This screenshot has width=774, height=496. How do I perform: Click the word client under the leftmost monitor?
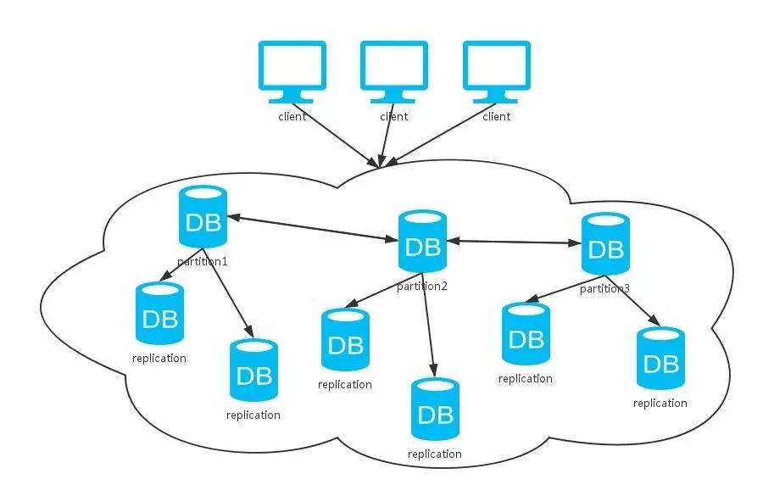coord(292,116)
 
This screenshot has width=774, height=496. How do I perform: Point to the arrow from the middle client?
coord(388,141)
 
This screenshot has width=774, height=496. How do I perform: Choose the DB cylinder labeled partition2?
coord(421,241)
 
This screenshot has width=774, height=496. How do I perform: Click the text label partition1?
coord(203,261)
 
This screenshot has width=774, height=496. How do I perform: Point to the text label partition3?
coord(604,289)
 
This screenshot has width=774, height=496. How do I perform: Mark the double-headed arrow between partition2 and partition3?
coord(514,242)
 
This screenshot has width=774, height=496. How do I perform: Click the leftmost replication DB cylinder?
coord(159,315)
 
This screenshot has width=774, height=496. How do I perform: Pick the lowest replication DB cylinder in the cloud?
coord(435,410)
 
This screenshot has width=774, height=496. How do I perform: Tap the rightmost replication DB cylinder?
coord(660,359)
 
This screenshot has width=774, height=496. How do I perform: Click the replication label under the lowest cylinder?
coord(435,454)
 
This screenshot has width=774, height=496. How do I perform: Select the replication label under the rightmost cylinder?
coord(660,403)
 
